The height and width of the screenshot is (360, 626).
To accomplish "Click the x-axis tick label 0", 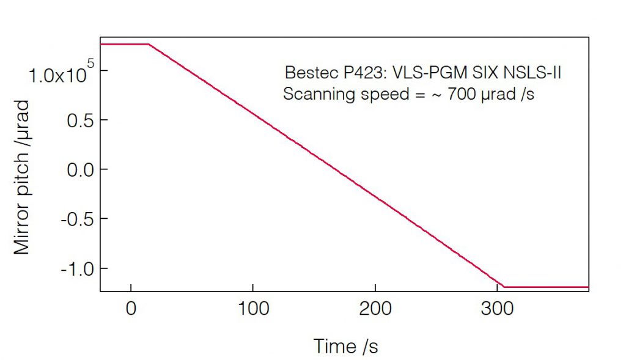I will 131,309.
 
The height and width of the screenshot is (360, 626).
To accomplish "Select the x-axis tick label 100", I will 253,309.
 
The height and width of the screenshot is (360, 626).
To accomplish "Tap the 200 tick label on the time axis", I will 375,309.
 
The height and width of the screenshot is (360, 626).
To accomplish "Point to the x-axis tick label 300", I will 498,309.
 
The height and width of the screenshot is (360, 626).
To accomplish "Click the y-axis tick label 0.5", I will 80,120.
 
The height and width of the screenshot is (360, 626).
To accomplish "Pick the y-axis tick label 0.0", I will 80,169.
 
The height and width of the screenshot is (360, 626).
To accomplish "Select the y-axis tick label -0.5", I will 78,219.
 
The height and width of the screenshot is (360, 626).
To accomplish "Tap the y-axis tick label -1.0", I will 78,268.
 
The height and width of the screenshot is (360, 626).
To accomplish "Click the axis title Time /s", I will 346,347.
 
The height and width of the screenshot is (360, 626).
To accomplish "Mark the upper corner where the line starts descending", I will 149,44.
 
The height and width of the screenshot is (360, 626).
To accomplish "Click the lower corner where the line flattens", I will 504,287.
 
